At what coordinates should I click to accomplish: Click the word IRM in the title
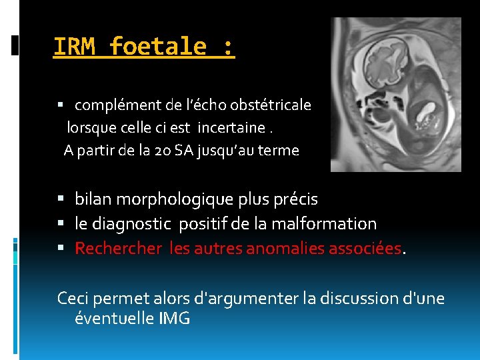click(x=75, y=47)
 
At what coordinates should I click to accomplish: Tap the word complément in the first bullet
click(x=111, y=105)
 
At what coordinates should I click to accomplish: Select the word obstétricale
click(x=273, y=105)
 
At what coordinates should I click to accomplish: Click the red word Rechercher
click(x=118, y=249)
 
